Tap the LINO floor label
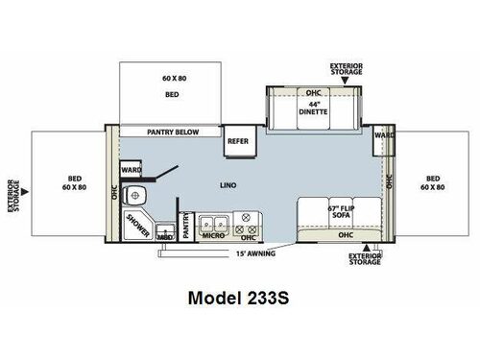pyautogui.click(x=228, y=183)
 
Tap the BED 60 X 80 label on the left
pyautogui.click(x=71, y=183)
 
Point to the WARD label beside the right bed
pyautogui.click(x=383, y=136)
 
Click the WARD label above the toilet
pyautogui.click(x=132, y=170)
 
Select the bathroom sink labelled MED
pyautogui.click(x=165, y=231)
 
